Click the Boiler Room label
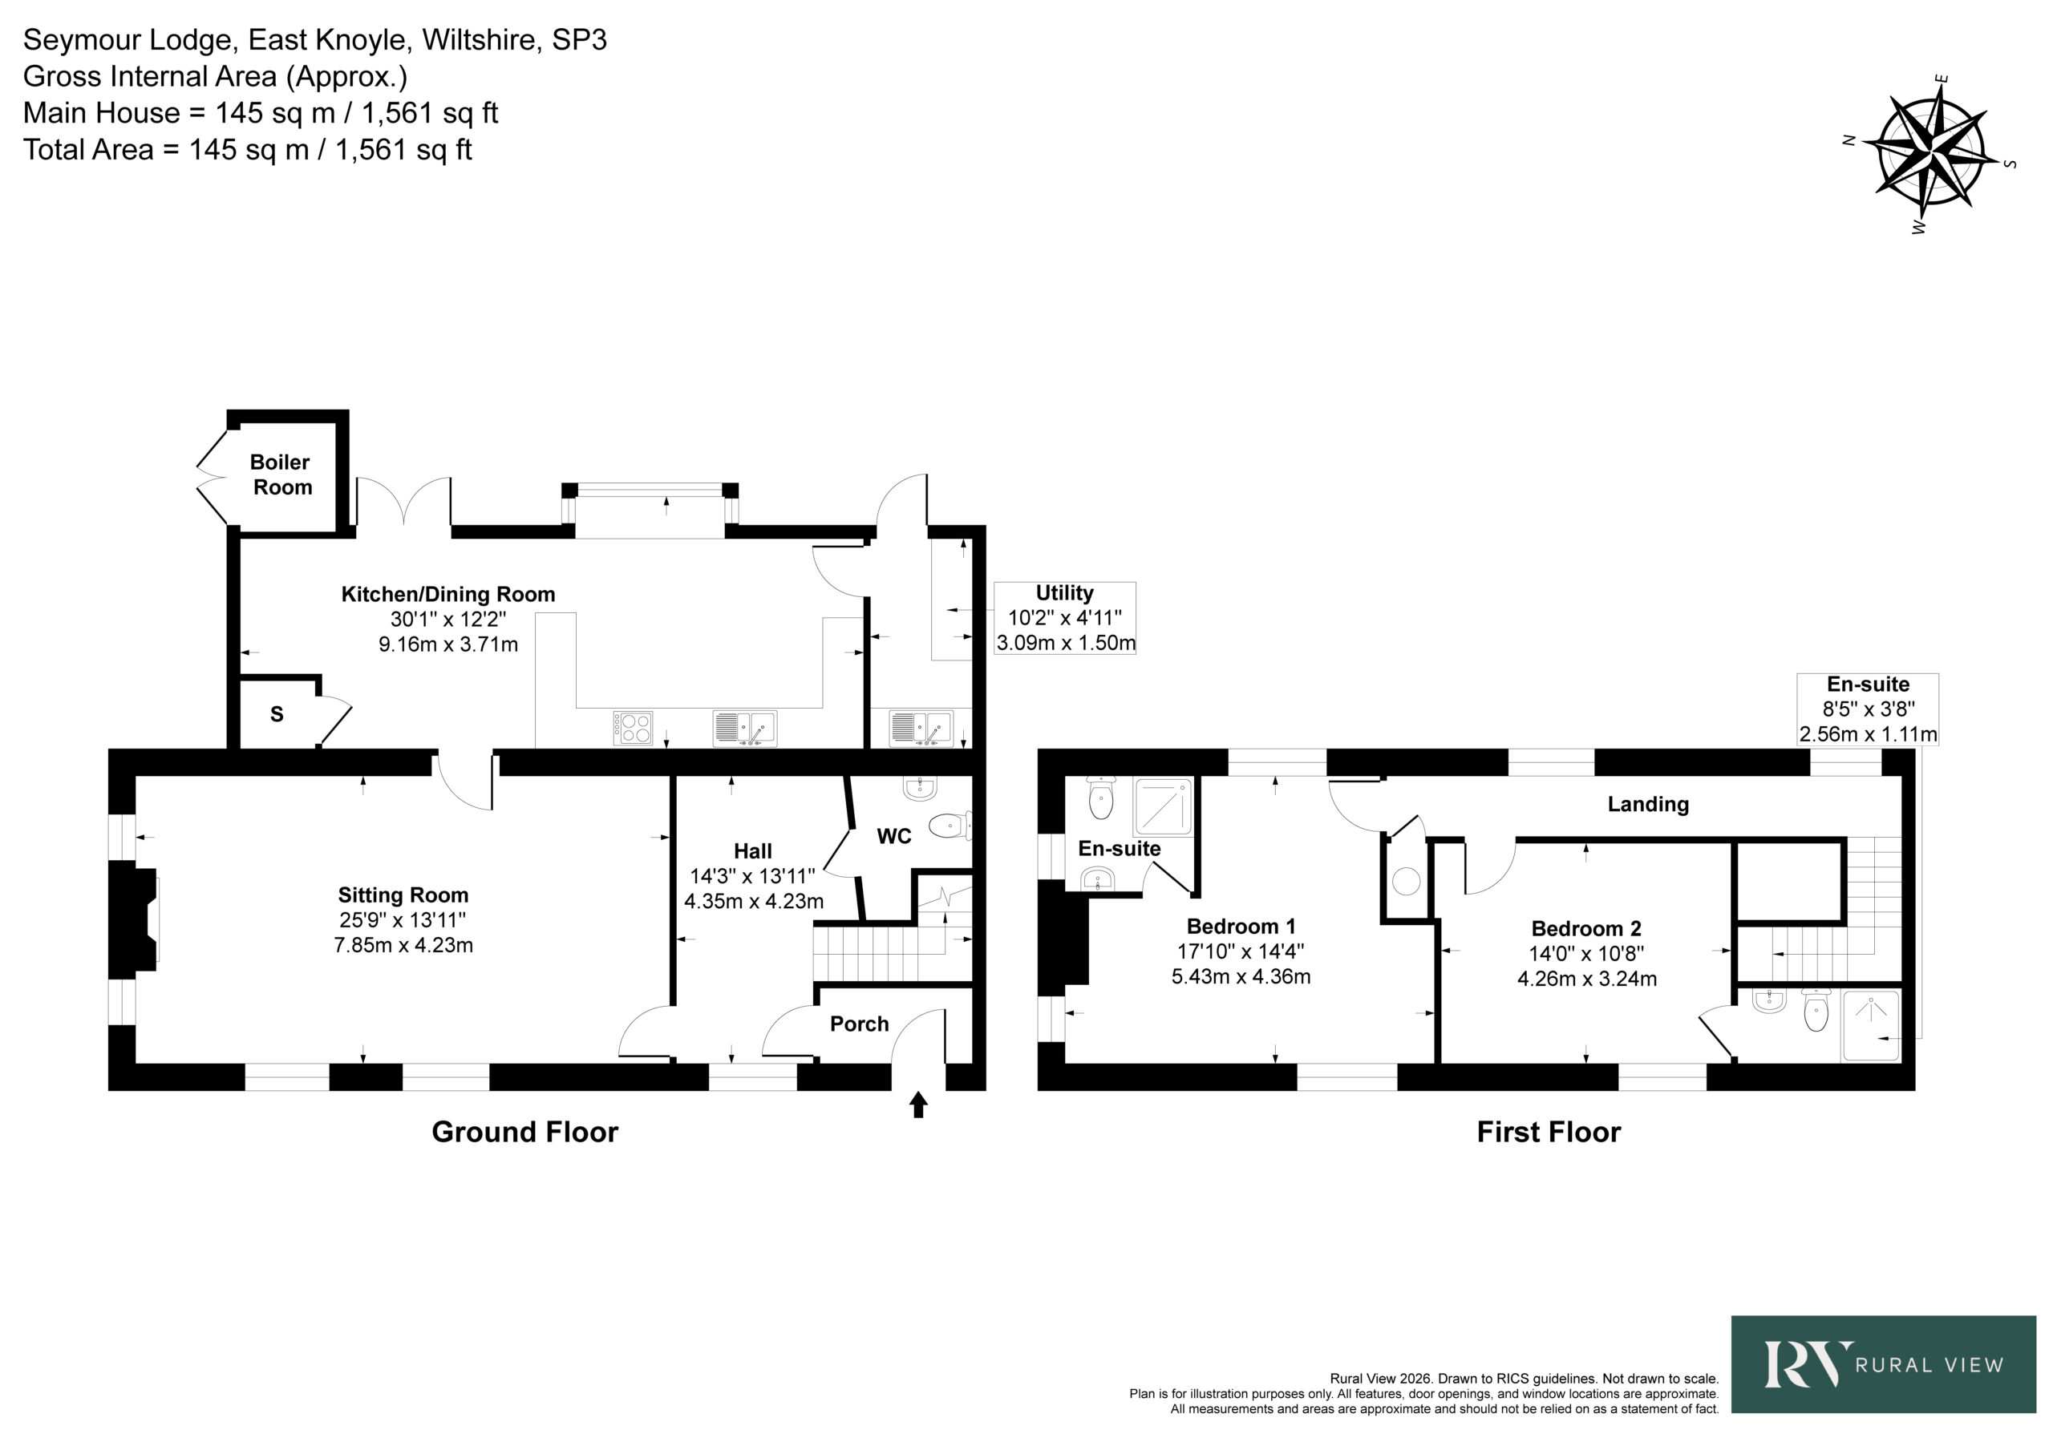281,475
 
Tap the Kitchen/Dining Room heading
448,595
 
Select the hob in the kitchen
633,728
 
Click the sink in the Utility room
921,728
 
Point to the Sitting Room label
403,895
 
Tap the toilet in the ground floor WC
950,825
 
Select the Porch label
859,1024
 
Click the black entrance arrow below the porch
918,1104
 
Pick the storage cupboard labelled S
277,713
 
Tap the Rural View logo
1883,1364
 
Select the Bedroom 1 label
1240,926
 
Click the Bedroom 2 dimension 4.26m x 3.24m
1586,979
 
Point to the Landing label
1648,804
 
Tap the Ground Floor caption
524,1132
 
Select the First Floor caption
1549,1132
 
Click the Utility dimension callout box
1065,618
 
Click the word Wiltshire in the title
481,40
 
